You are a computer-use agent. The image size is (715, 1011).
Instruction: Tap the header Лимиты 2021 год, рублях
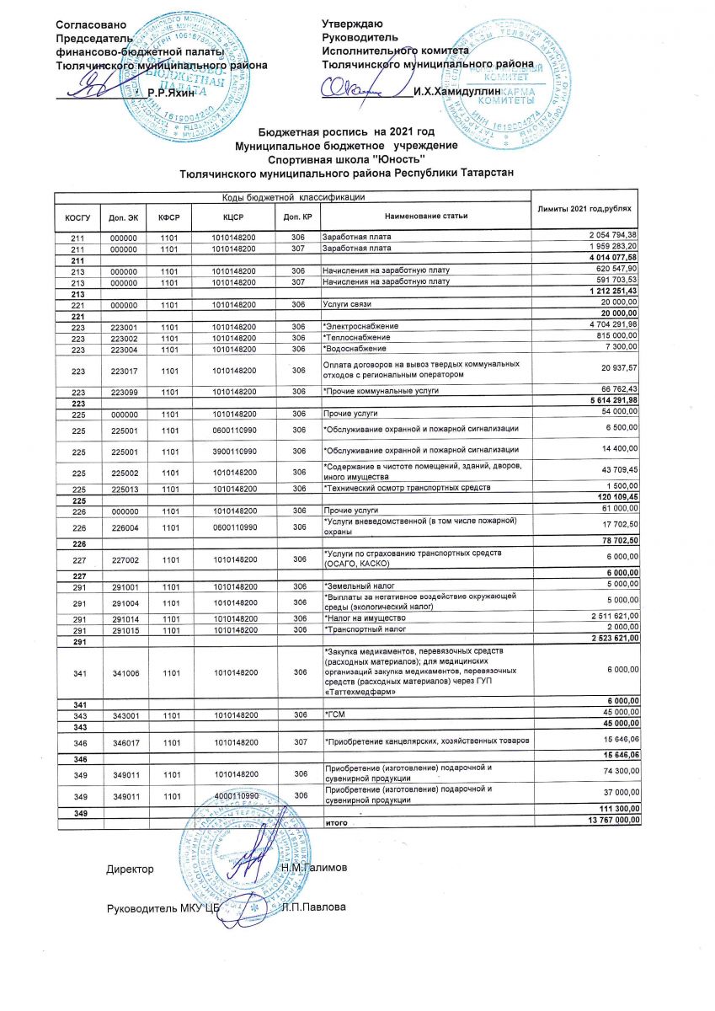[x=585, y=208]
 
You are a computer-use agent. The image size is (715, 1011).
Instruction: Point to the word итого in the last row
[x=337, y=820]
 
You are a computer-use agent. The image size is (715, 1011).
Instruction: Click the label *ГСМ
[x=333, y=713]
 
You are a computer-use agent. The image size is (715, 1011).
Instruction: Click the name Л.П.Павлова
[x=314, y=907]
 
